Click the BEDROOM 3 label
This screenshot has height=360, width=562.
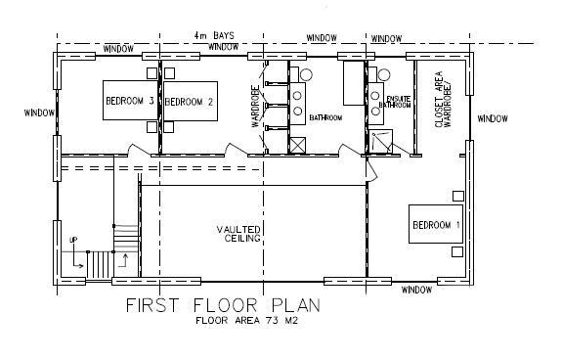tap(129, 101)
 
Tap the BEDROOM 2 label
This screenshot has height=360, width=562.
tap(189, 102)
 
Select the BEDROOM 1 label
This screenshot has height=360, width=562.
tap(436, 225)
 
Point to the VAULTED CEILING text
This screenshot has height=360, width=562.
tap(238, 234)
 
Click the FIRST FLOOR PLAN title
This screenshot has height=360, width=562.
tap(223, 305)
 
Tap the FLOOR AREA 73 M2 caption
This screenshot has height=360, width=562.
tap(247, 320)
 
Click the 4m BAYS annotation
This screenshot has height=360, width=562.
tap(214, 35)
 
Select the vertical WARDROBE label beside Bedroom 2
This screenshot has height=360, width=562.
tap(255, 106)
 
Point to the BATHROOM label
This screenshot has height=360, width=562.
tap(325, 117)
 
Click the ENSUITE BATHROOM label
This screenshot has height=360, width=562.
tap(395, 102)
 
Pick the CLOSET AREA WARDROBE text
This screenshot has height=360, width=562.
tap(443, 100)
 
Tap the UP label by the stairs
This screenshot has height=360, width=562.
tap(73, 240)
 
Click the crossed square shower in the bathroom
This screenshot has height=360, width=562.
tap(298, 145)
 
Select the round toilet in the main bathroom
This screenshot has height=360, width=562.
tap(306, 75)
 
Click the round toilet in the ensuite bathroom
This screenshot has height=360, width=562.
tap(384, 75)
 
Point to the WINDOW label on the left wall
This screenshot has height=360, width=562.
tap(39, 112)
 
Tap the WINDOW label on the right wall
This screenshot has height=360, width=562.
tap(493, 118)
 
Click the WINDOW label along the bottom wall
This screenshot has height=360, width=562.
tap(416, 290)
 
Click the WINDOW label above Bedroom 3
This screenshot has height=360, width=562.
tap(118, 49)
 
